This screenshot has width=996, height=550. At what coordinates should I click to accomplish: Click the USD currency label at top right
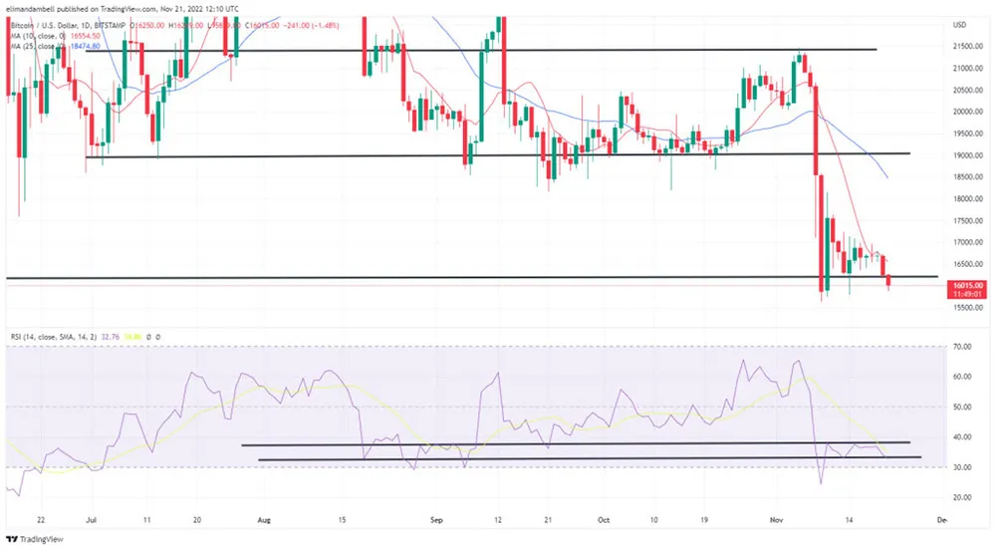[960, 24]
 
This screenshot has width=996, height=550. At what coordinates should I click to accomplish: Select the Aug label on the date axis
[264, 519]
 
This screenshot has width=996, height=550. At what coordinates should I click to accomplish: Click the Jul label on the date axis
[90, 519]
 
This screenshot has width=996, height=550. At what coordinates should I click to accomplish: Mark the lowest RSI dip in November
[821, 483]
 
